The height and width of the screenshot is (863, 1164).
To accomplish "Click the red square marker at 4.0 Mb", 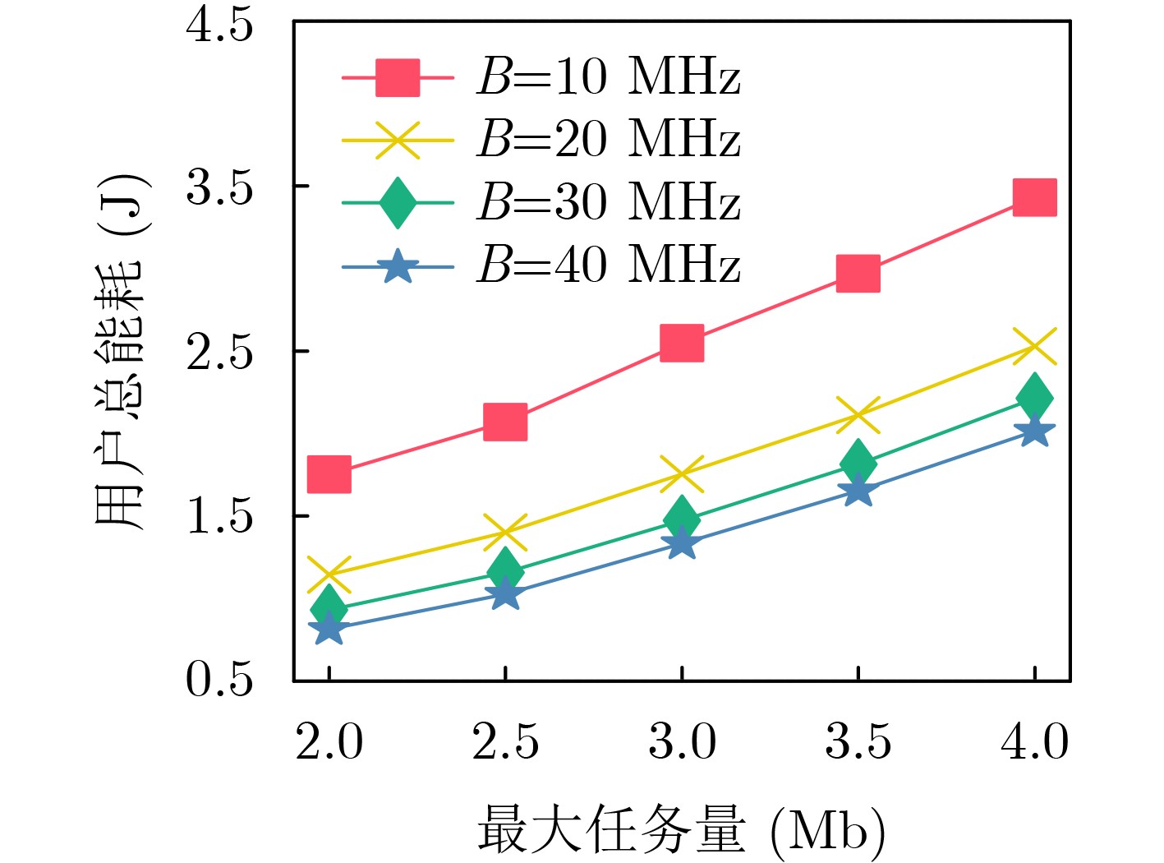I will (x=1034, y=197).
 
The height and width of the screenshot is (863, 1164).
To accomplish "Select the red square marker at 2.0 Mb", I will (x=329, y=474).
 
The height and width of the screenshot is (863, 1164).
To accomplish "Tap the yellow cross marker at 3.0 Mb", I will (x=682, y=473).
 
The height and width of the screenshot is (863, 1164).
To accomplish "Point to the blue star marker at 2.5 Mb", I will (x=505, y=593).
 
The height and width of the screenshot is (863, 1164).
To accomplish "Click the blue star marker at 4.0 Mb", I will (x=1034, y=431).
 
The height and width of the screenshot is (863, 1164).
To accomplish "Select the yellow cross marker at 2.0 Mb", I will (x=329, y=575).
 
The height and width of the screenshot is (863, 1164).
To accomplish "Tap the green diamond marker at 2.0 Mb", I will (x=329, y=608).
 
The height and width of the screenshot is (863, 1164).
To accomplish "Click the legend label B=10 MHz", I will (x=608, y=77).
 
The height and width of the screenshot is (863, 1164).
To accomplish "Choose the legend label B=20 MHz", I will (x=608, y=139).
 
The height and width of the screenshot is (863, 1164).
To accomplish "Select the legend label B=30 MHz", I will (x=608, y=201).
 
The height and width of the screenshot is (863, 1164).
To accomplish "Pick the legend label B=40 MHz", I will (x=608, y=265).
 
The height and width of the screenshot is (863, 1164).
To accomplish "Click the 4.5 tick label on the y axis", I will (x=219, y=25).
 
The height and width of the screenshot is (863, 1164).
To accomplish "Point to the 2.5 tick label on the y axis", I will (x=219, y=352).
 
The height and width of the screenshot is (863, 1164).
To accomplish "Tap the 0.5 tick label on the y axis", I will (x=219, y=680).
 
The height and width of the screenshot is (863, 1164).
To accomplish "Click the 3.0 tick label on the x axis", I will (x=682, y=741).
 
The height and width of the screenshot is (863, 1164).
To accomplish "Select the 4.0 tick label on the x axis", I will (x=1034, y=741).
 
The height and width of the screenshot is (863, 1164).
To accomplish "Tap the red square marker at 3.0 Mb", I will (x=682, y=342).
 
